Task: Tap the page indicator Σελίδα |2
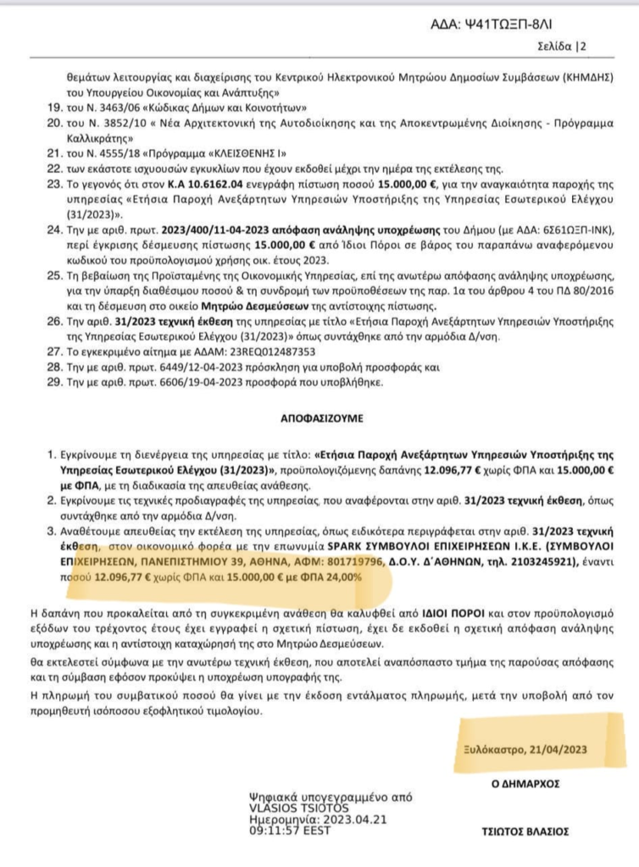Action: [562, 46]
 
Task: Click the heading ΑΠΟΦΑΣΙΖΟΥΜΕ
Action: [319, 418]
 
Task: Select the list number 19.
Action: [53, 108]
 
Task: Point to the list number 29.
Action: [53, 383]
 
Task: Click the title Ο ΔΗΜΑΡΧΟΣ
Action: [525, 784]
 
